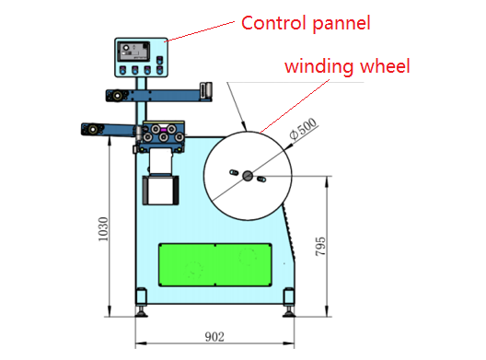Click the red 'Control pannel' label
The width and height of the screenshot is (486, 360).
pyautogui.click(x=306, y=22)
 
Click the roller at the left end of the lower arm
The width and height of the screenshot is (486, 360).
pyautogui.click(x=89, y=129)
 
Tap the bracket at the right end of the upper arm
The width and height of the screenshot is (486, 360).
pyautogui.click(x=206, y=89)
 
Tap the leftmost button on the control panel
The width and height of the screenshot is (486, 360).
pyautogui.click(x=122, y=70)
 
